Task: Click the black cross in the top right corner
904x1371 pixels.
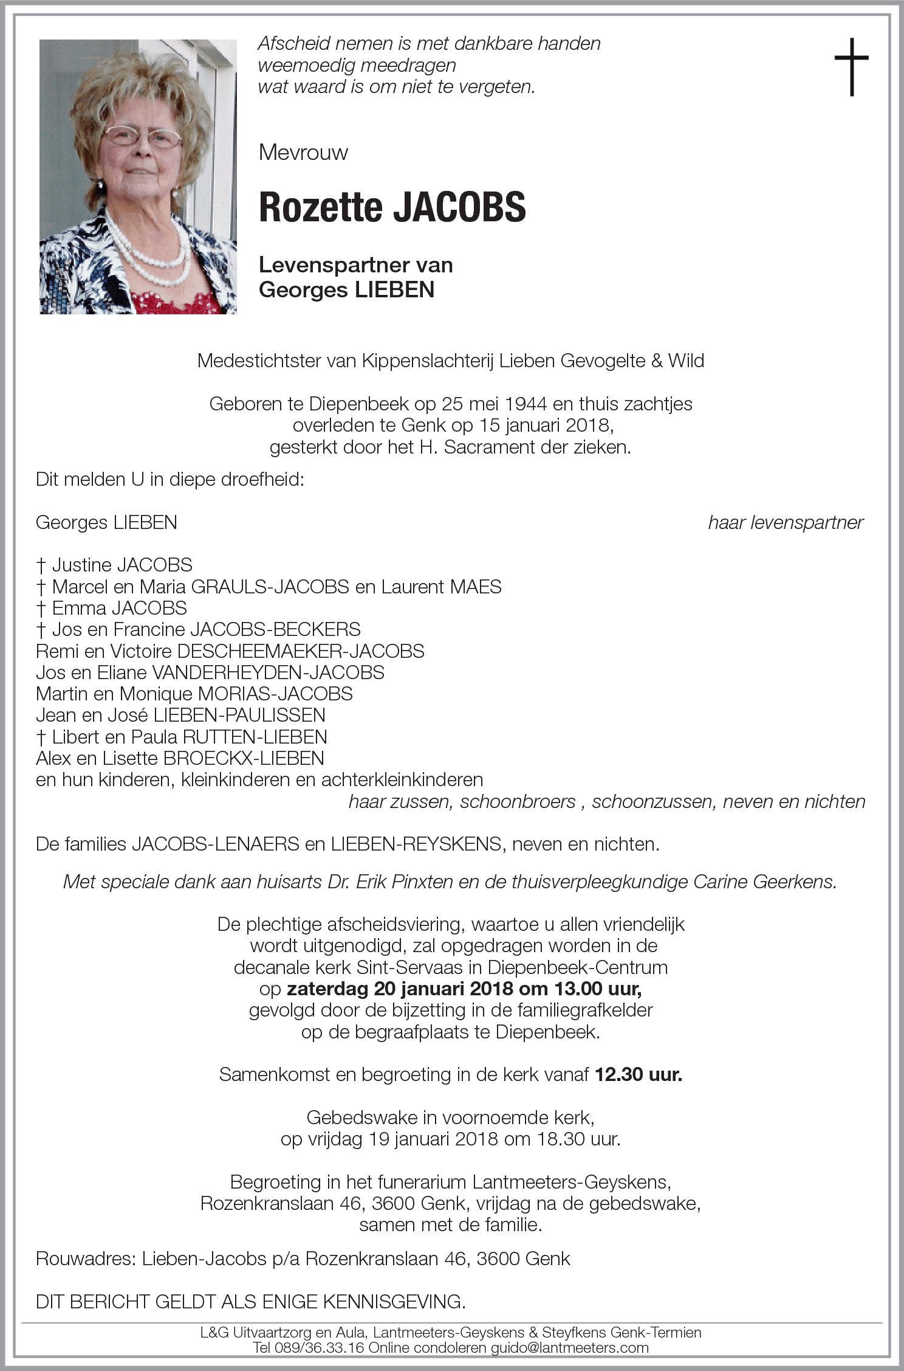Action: (x=851, y=66)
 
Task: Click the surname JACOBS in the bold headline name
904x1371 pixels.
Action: (x=459, y=207)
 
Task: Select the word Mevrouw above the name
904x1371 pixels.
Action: (x=303, y=152)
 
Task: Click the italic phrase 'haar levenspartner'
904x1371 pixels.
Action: (x=785, y=522)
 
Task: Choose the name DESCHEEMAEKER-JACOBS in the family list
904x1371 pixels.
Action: (x=300, y=651)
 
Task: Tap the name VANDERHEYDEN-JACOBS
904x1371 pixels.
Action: (x=267, y=672)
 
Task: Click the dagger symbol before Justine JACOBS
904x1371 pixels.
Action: (x=41, y=565)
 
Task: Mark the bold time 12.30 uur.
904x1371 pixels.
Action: (x=638, y=1074)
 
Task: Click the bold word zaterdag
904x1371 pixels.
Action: (x=327, y=989)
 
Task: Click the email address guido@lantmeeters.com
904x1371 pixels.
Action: (x=569, y=1347)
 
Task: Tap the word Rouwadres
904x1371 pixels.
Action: (x=84, y=1259)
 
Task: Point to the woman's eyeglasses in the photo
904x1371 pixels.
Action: (x=142, y=137)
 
